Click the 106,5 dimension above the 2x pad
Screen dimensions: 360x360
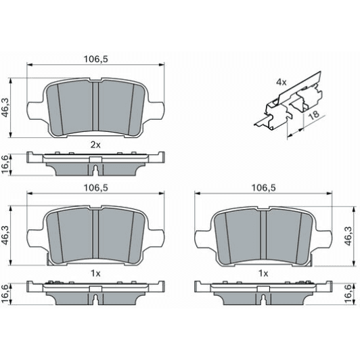pos(95,59)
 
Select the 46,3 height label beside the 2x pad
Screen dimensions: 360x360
pos(6,106)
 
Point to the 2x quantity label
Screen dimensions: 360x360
pos(95,144)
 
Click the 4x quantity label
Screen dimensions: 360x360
pos(281,82)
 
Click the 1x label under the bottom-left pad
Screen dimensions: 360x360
pos(95,273)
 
